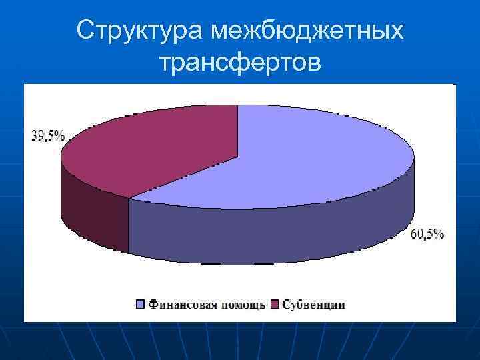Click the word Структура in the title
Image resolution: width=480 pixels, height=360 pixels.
[140, 30]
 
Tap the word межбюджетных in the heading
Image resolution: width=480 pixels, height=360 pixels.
[307, 30]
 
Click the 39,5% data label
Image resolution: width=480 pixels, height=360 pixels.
[48, 136]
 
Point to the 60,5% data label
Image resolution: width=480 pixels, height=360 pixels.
[427, 235]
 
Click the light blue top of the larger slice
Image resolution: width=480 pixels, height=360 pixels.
[300, 160]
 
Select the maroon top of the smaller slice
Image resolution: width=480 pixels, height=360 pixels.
[153, 150]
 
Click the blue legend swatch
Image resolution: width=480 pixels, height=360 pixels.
[141, 305]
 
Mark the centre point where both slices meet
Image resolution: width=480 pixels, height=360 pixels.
[238, 157]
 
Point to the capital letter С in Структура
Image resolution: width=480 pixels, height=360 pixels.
[85, 30]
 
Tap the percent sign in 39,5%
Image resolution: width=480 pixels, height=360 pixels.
[60, 136]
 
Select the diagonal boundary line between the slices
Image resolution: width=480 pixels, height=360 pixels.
[183, 177]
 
